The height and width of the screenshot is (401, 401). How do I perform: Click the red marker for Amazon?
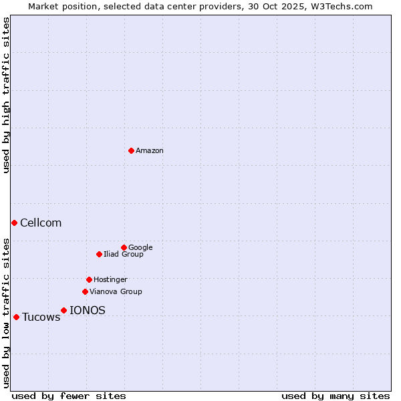tap(131, 150)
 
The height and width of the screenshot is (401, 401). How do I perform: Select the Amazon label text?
tap(150, 151)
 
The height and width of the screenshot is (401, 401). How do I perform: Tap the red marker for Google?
tap(124, 247)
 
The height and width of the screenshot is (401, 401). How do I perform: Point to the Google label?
tap(140, 248)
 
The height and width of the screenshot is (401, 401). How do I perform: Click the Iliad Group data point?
tap(99, 254)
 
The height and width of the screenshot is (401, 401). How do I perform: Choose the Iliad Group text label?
tap(124, 255)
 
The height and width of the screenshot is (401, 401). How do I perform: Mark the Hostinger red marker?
tap(89, 279)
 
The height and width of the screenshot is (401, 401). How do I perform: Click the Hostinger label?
tap(110, 280)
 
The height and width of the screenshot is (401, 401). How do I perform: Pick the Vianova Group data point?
tap(85, 291)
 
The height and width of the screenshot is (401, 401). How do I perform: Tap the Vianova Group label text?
tap(116, 292)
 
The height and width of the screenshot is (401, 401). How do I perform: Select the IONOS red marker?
tap(63, 310)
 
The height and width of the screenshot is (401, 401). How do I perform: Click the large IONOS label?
tap(88, 311)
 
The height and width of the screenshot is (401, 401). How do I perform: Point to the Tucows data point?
tap(16, 317)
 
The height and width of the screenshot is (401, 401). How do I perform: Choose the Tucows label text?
tap(41, 317)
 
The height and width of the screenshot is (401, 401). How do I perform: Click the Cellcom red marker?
tap(14, 223)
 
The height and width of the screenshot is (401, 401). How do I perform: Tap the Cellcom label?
tap(41, 223)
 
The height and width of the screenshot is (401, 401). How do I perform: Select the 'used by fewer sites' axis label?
tap(69, 396)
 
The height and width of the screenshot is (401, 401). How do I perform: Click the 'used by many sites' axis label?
tap(336, 396)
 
